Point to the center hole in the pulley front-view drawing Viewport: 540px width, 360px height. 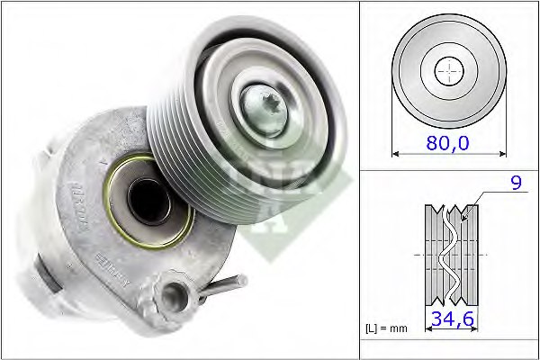[447, 70]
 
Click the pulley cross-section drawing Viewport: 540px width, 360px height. [450, 255]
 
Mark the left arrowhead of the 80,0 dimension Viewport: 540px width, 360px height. [396, 154]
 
